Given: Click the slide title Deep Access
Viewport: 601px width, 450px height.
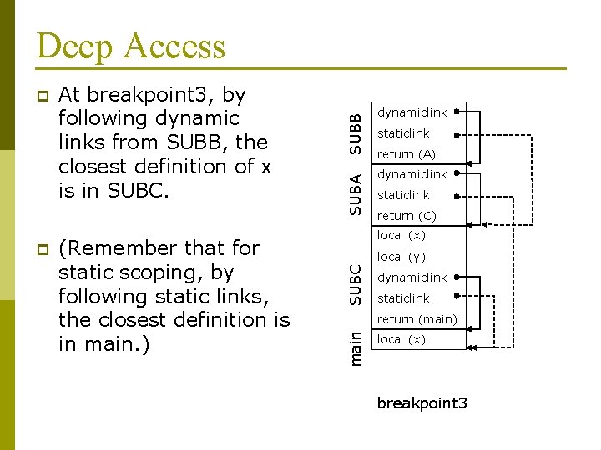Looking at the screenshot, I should point(131,46).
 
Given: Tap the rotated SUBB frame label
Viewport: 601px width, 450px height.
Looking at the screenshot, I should point(356,132).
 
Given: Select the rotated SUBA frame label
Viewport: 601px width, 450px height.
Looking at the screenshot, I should point(356,193).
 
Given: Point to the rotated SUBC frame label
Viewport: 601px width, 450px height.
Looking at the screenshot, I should point(356,284).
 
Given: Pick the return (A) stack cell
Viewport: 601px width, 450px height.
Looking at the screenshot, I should point(407,154).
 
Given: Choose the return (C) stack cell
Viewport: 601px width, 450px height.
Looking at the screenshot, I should point(407,216).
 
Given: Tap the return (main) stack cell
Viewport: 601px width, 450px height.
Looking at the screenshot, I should point(417,319).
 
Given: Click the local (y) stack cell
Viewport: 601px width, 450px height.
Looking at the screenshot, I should point(402,257).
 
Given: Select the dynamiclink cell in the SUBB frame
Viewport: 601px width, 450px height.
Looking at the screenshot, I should point(412,112).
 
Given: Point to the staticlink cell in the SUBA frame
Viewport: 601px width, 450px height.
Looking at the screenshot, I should point(403,195).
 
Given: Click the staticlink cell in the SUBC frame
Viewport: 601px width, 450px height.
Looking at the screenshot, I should point(403,298).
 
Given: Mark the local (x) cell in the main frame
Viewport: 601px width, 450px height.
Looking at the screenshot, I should point(402,339).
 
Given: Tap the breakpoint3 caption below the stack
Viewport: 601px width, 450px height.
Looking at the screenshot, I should point(422,403).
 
